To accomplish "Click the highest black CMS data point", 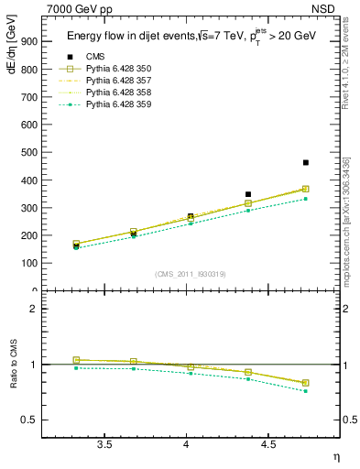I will click(x=306, y=162).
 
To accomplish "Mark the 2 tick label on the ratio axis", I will click(x=33, y=309).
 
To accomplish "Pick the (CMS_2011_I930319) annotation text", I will click(x=188, y=273).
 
